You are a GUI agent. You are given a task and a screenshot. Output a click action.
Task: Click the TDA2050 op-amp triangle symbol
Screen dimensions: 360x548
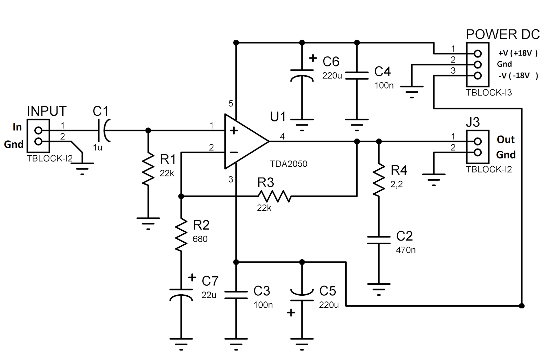point(244,141)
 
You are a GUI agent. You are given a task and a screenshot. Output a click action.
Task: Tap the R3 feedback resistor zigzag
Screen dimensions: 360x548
point(274,196)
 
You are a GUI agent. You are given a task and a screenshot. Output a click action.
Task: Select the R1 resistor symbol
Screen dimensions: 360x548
point(148,169)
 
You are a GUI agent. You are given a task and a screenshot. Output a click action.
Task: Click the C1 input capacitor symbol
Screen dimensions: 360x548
point(103,130)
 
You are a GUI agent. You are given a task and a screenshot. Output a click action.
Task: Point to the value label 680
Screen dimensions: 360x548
point(200,239)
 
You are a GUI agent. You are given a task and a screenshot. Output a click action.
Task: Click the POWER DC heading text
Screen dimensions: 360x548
point(503,35)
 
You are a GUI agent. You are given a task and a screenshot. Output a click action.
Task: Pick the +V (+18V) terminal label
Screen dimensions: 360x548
point(518,53)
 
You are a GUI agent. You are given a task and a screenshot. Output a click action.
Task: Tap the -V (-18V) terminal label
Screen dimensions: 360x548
point(518,76)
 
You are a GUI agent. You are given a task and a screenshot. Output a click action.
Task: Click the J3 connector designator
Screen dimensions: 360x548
point(473,122)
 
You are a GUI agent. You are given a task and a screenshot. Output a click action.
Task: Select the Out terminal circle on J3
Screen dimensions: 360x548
point(478,141)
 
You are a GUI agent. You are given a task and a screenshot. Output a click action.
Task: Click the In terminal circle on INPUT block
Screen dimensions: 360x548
point(38,130)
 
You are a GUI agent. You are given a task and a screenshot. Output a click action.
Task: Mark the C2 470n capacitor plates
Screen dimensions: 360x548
point(379,240)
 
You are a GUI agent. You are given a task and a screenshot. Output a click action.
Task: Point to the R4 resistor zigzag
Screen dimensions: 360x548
point(379,180)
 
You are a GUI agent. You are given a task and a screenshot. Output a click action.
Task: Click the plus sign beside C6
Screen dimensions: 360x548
point(313,58)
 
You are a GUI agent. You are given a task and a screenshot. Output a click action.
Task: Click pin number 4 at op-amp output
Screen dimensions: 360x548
point(282,137)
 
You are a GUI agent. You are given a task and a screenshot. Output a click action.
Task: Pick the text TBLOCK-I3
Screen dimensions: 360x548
point(489,93)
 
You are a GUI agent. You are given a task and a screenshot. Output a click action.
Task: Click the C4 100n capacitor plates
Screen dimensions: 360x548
point(357,76)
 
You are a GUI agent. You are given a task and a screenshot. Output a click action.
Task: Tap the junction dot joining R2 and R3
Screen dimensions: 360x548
point(181,196)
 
